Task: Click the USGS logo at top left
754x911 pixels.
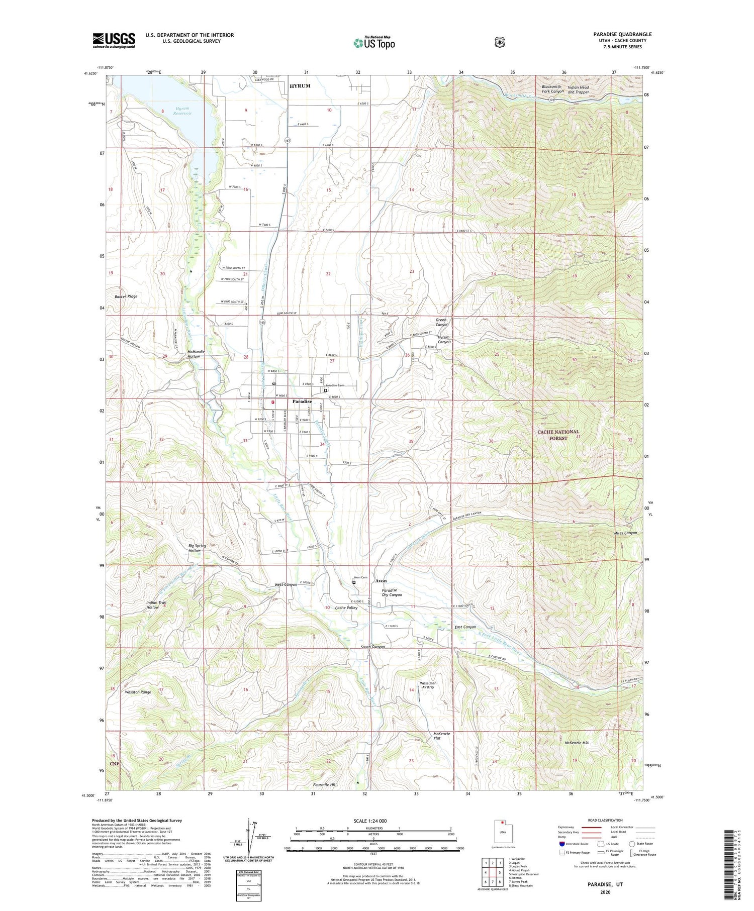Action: pyautogui.click(x=114, y=40)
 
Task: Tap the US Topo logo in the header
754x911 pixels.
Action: pyautogui.click(x=374, y=43)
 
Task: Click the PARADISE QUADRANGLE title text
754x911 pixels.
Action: pyautogui.click(x=622, y=34)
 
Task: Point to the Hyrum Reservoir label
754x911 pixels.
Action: pyautogui.click(x=183, y=111)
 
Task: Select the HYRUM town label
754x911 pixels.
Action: pyautogui.click(x=300, y=86)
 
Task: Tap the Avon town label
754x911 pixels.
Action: pyautogui.click(x=381, y=581)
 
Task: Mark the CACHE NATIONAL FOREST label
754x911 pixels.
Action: pyautogui.click(x=558, y=435)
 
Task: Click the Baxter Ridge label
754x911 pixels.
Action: pyautogui.click(x=126, y=296)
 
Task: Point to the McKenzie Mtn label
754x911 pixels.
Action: pyautogui.click(x=577, y=742)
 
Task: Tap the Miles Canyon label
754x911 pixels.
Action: pyautogui.click(x=625, y=533)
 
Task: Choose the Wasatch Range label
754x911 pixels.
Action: pyautogui.click(x=138, y=692)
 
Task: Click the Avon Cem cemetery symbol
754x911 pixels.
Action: pyautogui.click(x=354, y=583)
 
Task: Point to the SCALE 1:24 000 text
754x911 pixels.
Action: pyautogui.click(x=373, y=821)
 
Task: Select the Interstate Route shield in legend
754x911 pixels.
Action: pyautogui.click(x=562, y=844)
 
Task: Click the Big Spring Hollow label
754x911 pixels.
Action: pyautogui.click(x=195, y=548)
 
